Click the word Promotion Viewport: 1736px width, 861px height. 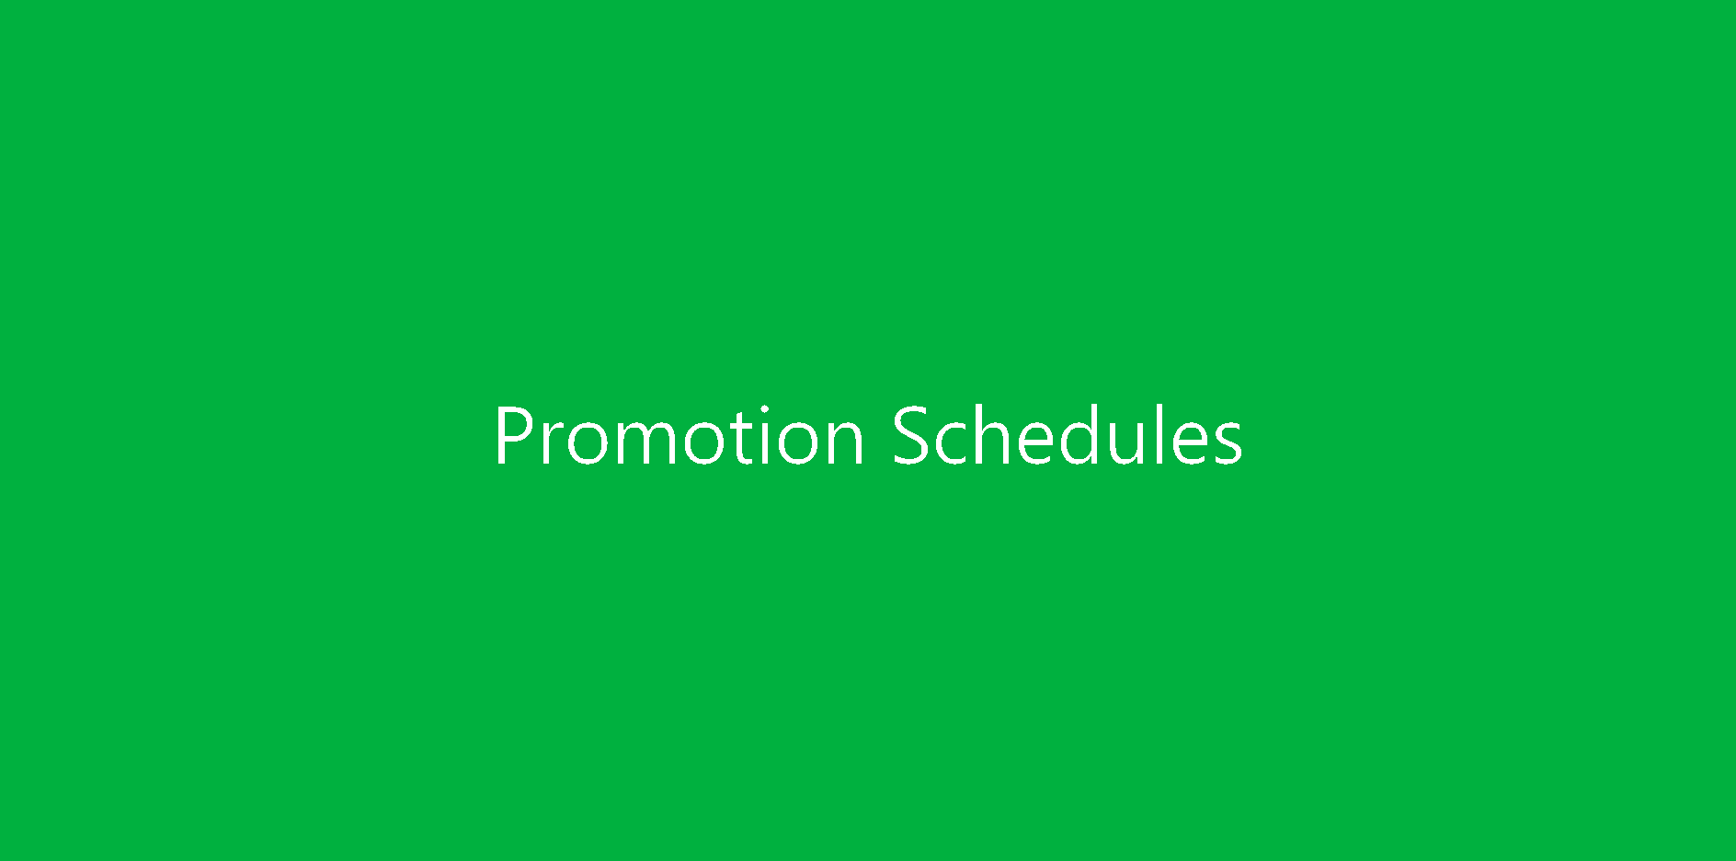pos(679,435)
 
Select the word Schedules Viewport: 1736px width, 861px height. pos(1068,433)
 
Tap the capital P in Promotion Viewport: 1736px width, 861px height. pos(513,435)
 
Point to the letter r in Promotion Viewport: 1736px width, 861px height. pos(551,443)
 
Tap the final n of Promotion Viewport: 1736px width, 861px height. pos(849,443)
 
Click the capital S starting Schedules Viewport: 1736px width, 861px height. pos(909,435)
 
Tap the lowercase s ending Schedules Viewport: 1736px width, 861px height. pos(1229,443)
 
